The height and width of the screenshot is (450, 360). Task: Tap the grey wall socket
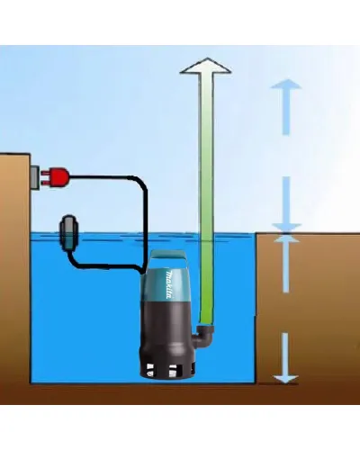pyautogui.click(x=35, y=177)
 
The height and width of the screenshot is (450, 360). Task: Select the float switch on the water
pyautogui.click(x=69, y=232)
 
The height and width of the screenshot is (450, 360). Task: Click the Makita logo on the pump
pyautogui.click(x=169, y=285)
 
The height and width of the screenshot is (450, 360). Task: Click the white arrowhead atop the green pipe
pyautogui.click(x=206, y=66)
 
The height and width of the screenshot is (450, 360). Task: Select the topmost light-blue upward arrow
pyautogui.click(x=286, y=107)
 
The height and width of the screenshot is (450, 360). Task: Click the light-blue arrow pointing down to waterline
pyautogui.click(x=286, y=204)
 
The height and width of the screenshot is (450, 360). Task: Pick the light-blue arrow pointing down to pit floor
pyautogui.click(x=286, y=358)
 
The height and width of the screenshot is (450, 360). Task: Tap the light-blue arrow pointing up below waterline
pyautogui.click(x=286, y=264)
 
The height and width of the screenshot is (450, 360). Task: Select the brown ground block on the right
pyautogui.click(x=308, y=308)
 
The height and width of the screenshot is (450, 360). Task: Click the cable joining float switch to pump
pyautogui.click(x=105, y=265)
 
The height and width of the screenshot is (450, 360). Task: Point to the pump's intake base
pyautogui.click(x=167, y=365)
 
